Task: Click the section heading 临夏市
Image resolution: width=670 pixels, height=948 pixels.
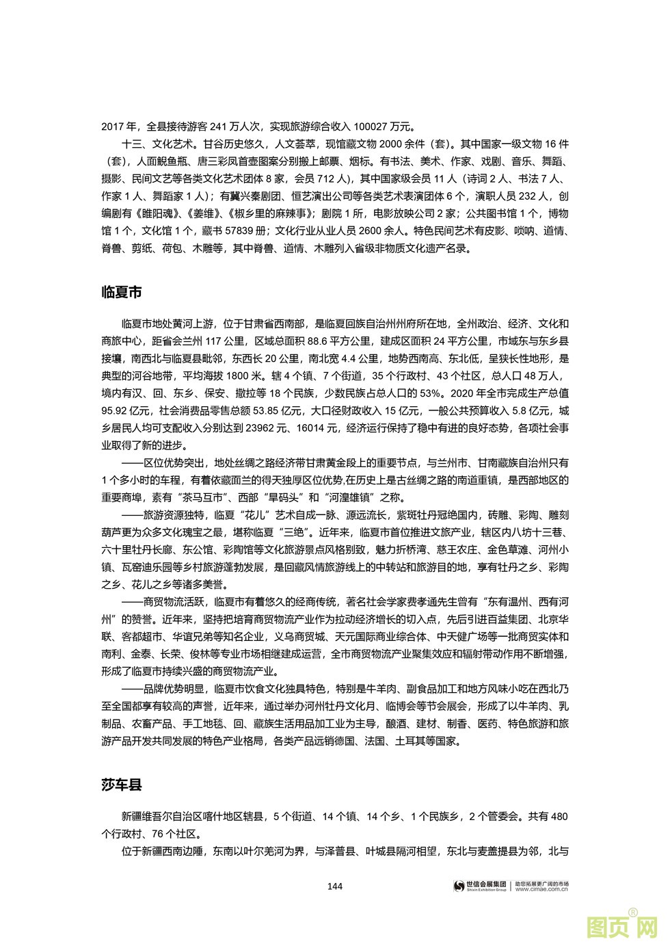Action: tap(122, 292)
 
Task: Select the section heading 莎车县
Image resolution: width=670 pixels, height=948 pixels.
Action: tap(122, 785)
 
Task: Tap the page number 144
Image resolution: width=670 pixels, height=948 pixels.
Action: tap(335, 886)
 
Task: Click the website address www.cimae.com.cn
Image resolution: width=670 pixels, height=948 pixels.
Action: tap(541, 890)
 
